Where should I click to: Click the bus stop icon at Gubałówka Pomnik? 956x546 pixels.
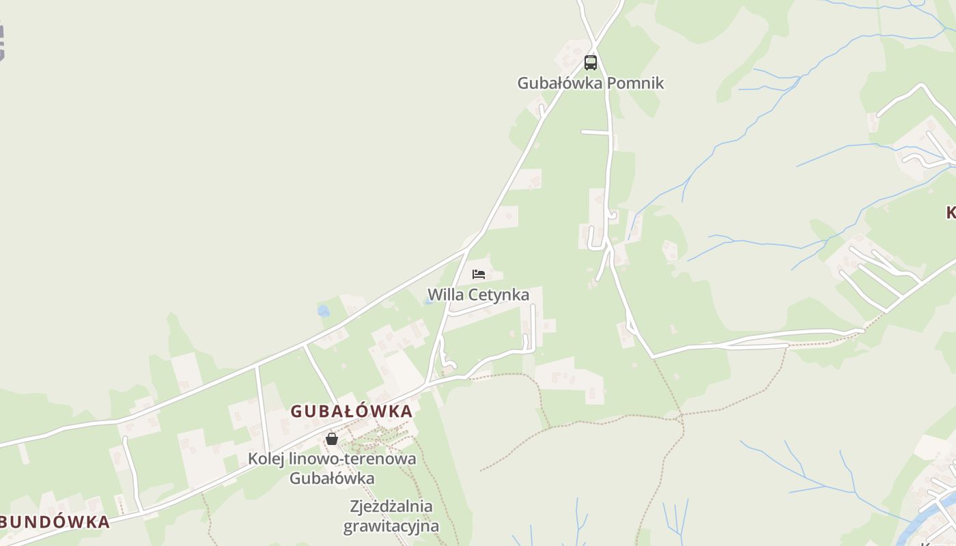(591, 63)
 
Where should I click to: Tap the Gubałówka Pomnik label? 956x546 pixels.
(590, 83)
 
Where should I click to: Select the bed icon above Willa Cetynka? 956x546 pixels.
(479, 274)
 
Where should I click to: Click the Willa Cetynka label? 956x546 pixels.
(478, 295)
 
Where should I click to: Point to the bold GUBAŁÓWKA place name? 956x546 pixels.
(352, 411)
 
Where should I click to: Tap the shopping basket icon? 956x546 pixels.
(332, 439)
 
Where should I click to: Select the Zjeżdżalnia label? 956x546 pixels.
(391, 506)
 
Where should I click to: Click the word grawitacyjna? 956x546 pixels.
(391, 526)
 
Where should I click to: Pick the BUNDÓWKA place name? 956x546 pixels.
(55, 522)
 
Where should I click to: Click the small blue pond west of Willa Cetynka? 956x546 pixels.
(324, 311)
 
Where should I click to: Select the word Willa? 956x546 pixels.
(445, 295)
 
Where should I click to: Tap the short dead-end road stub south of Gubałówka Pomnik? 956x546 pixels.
(594, 132)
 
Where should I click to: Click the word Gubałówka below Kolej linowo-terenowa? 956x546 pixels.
(332, 478)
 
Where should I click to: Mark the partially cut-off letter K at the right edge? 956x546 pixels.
(951, 213)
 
